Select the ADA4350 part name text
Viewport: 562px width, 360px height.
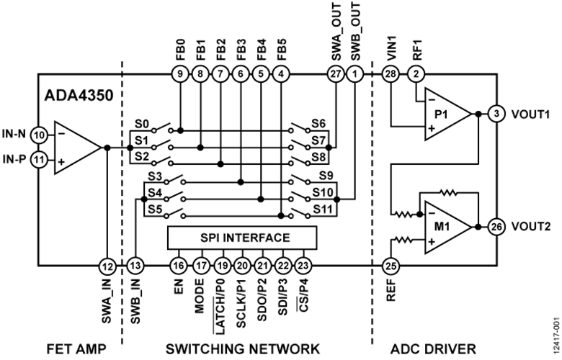[79, 96]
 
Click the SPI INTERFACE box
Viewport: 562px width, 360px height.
[242, 238]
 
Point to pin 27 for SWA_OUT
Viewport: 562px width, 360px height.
[336, 74]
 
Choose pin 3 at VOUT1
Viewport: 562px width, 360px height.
[496, 114]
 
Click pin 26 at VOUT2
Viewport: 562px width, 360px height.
[496, 227]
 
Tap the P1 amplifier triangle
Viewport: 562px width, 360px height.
[448, 114]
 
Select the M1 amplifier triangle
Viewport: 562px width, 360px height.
[448, 227]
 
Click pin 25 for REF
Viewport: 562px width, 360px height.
[391, 266]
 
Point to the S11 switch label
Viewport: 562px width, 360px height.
[324, 210]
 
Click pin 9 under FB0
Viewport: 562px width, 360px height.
[180, 74]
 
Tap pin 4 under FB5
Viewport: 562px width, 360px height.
[281, 74]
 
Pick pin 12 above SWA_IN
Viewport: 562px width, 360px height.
[107, 266]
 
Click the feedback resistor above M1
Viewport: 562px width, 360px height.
[448, 193]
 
